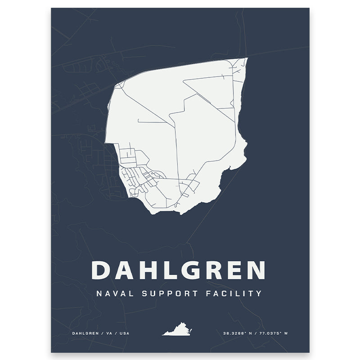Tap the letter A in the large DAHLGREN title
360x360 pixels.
tap(122, 270)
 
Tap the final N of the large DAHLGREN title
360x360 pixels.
tap(255, 270)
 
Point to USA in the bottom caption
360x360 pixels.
tap(123, 333)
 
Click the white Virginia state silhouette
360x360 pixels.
tap(177, 330)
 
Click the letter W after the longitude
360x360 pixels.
tap(287, 333)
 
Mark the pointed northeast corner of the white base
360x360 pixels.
tap(247, 58)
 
